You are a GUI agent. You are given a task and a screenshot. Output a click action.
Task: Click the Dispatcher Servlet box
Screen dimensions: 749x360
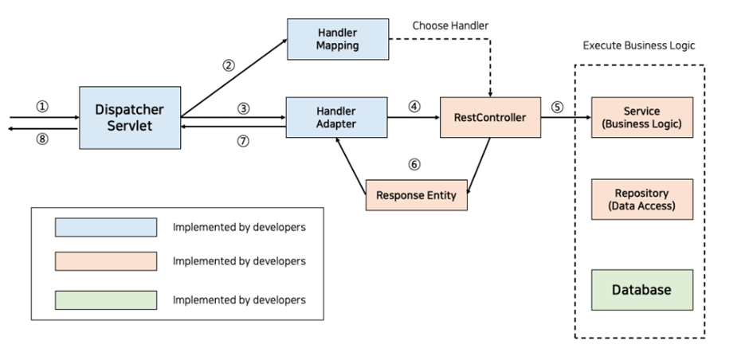(x=130, y=117)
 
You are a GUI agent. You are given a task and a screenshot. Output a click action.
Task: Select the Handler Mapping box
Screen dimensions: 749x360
(x=338, y=39)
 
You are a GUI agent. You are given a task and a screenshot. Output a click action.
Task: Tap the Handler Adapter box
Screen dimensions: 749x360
(x=336, y=117)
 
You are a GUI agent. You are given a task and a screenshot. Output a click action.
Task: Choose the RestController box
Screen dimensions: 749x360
(x=490, y=117)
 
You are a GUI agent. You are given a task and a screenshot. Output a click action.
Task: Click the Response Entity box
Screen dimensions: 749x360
(x=417, y=195)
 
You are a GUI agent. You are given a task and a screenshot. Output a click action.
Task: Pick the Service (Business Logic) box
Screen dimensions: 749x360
(x=642, y=117)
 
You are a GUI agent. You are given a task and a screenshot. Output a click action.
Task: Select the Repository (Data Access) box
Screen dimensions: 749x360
(x=642, y=200)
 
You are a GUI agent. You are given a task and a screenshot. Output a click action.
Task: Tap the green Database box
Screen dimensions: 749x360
(x=642, y=290)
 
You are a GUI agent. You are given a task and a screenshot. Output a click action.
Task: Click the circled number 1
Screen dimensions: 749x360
(x=42, y=107)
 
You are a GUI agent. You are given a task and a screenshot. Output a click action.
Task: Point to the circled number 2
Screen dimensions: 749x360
(x=229, y=65)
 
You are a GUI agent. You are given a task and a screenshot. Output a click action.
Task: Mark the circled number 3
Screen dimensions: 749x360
(x=244, y=109)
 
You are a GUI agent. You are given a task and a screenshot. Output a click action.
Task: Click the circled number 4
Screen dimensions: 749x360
(x=414, y=107)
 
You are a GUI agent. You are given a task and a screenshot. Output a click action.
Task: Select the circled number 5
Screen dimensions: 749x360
(x=557, y=107)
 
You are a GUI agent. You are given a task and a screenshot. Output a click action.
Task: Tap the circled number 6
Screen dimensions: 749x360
(x=414, y=164)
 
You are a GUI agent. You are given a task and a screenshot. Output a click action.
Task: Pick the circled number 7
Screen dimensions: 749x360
(x=244, y=141)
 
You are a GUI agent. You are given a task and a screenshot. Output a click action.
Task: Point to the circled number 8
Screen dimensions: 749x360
(x=42, y=139)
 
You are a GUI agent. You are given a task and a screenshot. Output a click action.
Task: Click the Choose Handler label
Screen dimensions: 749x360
(x=450, y=25)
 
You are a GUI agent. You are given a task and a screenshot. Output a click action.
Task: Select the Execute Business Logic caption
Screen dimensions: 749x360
(x=639, y=45)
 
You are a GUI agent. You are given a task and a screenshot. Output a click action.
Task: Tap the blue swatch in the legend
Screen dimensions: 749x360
(x=106, y=227)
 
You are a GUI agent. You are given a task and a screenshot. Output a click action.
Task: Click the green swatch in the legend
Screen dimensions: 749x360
(x=106, y=300)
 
